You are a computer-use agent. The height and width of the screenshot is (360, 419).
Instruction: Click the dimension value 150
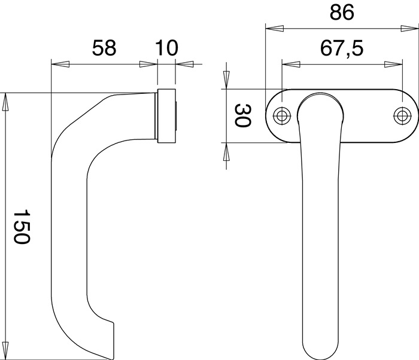[22, 227]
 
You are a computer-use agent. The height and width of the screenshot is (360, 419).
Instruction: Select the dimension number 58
[104, 48]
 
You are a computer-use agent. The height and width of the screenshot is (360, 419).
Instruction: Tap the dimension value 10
[166, 48]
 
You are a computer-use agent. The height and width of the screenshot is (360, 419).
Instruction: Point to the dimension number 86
[342, 13]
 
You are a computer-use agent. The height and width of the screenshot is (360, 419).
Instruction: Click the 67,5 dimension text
[342, 48]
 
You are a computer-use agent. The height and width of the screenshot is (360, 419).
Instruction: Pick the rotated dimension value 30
[242, 116]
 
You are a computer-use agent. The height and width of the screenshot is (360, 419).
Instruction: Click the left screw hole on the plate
[282, 116]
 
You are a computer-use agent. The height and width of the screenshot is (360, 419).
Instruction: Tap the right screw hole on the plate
[402, 116]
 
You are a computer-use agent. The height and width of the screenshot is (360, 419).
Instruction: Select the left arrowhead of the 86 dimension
[274, 29]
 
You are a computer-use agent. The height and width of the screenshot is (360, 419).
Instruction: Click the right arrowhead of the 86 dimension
[409, 29]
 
